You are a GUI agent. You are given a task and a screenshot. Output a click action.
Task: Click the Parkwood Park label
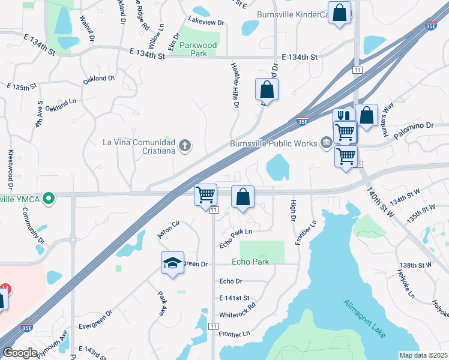193,49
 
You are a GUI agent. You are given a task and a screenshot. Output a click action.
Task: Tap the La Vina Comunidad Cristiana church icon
185,145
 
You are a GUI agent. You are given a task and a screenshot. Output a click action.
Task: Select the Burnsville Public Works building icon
327,142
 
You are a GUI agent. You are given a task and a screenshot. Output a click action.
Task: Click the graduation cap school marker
172,263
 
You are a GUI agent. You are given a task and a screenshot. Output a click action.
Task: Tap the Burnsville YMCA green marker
52,197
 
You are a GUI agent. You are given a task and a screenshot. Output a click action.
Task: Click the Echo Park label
250,262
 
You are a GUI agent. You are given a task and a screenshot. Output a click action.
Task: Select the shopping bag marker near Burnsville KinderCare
339,13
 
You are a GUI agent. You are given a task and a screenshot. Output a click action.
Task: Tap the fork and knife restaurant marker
343,115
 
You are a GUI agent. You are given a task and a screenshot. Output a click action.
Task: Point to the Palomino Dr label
414,126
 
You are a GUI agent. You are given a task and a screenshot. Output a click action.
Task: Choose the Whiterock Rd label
238,305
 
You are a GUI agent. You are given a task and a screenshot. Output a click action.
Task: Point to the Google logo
20,353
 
